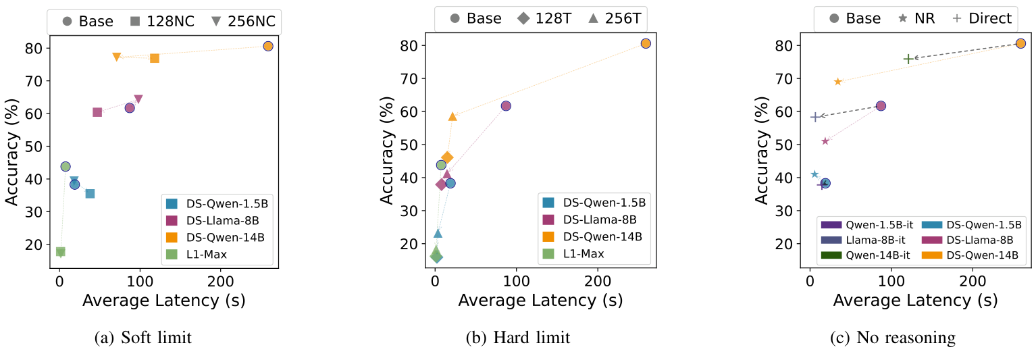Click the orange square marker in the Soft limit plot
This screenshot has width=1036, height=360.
pos(155,58)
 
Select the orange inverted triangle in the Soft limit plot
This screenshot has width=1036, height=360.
pos(117,57)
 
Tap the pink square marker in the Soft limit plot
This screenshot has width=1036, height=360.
pos(97,112)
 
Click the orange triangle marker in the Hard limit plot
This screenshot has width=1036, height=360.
pos(452,116)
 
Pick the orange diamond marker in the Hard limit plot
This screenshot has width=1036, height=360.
pos(447,157)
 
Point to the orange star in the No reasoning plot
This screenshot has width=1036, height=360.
pos(838,82)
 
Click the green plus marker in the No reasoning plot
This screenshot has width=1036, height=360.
pos(908,59)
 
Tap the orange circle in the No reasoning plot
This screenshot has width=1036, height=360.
pos(1020,43)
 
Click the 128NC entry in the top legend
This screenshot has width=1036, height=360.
pos(161,21)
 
